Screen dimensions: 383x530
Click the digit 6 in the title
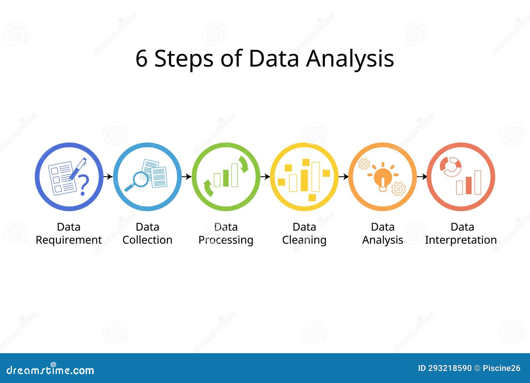(141, 59)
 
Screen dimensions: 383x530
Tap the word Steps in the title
(184, 59)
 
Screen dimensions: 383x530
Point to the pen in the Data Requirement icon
(78, 169)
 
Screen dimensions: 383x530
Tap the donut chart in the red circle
(450, 166)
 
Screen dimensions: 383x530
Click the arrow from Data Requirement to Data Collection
(108, 177)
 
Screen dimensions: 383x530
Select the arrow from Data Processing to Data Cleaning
(265, 177)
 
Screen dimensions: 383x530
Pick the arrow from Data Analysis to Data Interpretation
(422, 177)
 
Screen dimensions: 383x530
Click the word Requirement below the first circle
(69, 240)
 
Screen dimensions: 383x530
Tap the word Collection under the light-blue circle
(147, 240)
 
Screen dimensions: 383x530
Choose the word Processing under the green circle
(226, 240)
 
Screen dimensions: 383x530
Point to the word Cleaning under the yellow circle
(304, 240)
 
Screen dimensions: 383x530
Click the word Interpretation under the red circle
(461, 240)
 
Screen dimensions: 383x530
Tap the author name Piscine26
(502, 368)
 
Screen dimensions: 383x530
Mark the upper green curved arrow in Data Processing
(244, 164)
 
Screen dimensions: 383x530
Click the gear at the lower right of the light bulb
(398, 189)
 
